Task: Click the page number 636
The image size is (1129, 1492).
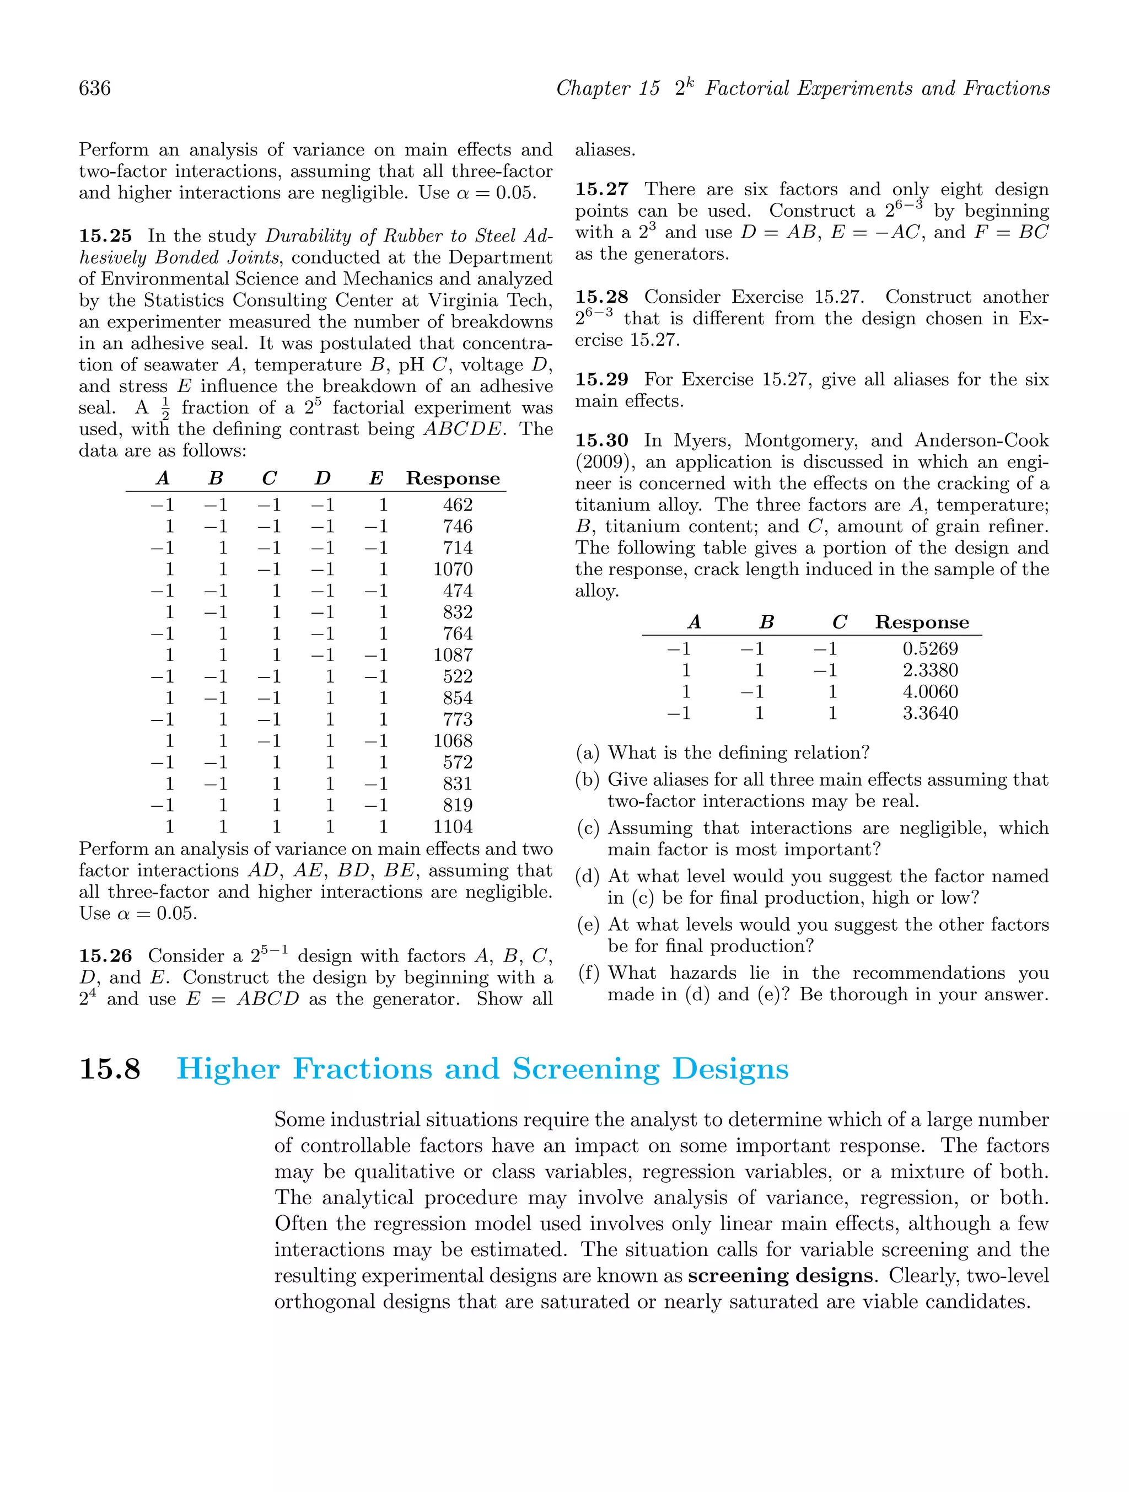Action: tap(95, 88)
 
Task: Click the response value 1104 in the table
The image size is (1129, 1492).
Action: tap(453, 826)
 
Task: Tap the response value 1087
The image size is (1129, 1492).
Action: tap(453, 655)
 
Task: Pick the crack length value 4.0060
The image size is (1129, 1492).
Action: tap(930, 691)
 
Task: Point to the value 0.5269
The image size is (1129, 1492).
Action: tap(930, 649)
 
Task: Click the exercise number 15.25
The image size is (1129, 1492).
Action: tap(106, 236)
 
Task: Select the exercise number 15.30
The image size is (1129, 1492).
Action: tap(601, 441)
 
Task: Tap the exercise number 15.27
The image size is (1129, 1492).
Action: tap(601, 190)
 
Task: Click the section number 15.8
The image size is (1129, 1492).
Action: tap(110, 1069)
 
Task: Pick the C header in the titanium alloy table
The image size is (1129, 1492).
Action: tap(839, 622)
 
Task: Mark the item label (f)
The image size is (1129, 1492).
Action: tap(589, 973)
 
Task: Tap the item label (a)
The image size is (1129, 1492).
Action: tap(588, 752)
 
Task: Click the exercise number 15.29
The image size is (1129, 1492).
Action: tap(601, 380)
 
